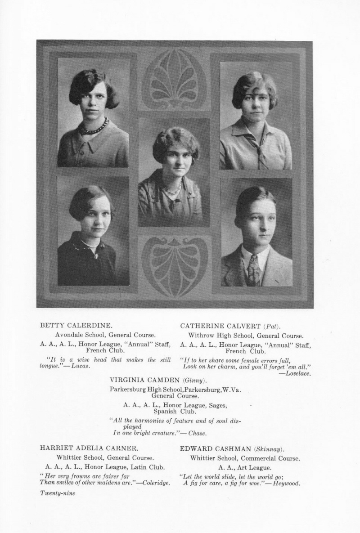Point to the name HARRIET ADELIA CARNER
click(89, 448)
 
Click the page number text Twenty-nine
click(58, 493)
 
